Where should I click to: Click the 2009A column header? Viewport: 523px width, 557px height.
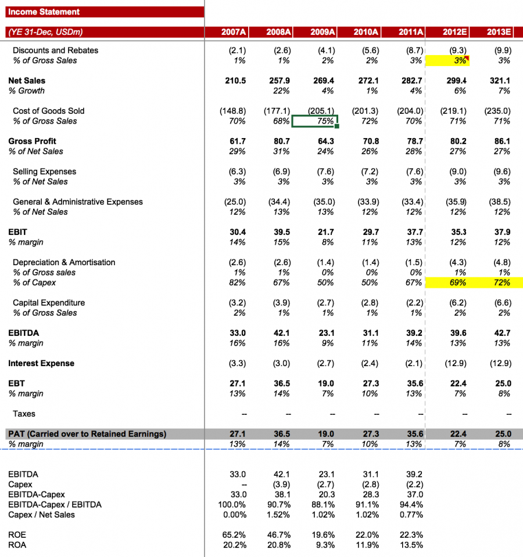pos(322,32)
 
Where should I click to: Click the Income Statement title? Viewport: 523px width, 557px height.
pos(44,12)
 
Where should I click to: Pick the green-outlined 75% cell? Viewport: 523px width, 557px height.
pos(314,121)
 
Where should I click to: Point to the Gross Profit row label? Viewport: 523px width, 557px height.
pos(32,141)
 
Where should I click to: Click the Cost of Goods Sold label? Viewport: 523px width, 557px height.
pos(48,111)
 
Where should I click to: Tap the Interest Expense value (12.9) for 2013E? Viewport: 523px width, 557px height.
pos(500,364)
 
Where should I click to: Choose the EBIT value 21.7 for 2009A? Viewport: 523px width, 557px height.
pos(325,232)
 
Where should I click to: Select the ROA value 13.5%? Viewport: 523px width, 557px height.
pos(411,545)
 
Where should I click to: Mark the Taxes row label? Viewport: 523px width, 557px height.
pos(24,414)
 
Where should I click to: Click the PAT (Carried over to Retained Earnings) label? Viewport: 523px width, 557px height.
pos(87,434)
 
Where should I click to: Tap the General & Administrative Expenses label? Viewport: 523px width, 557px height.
pos(77,202)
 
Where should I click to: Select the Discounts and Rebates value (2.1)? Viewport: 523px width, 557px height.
pos(235,50)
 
